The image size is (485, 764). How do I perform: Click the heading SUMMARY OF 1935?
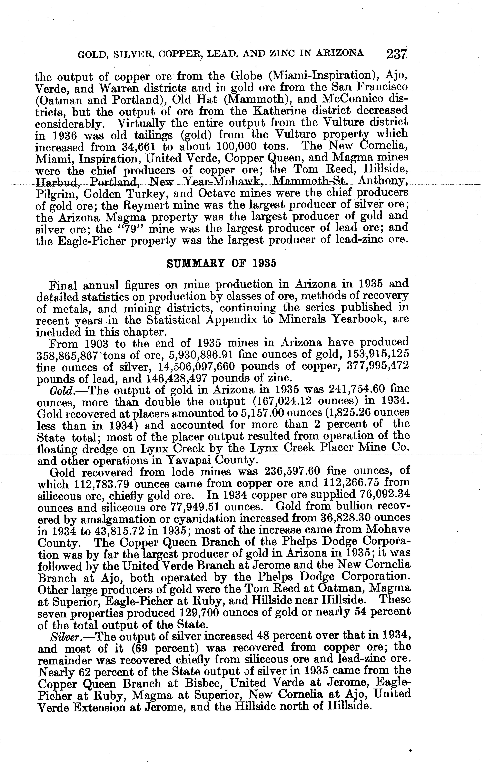pyautogui.click(x=222, y=264)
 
